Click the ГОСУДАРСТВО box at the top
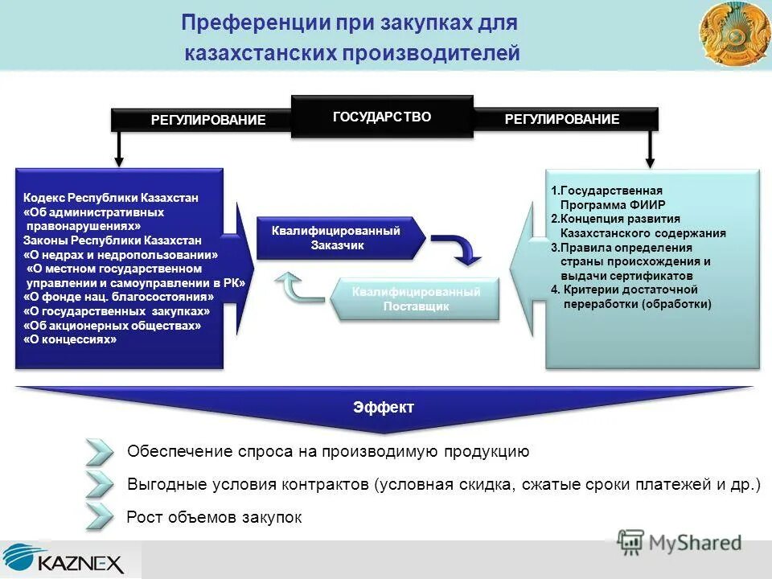(x=382, y=117)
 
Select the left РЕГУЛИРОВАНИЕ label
(x=208, y=120)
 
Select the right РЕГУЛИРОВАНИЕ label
(x=562, y=119)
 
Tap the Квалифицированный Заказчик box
(x=336, y=238)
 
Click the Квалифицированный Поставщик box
(x=416, y=299)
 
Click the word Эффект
(x=384, y=407)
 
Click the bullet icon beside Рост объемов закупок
(x=100, y=517)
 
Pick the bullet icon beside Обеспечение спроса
(x=100, y=451)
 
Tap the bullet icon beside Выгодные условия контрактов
(x=100, y=484)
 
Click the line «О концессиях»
(x=71, y=339)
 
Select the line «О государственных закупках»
(x=117, y=310)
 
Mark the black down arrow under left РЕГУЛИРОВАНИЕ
(x=119, y=149)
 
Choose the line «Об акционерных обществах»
(x=112, y=325)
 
